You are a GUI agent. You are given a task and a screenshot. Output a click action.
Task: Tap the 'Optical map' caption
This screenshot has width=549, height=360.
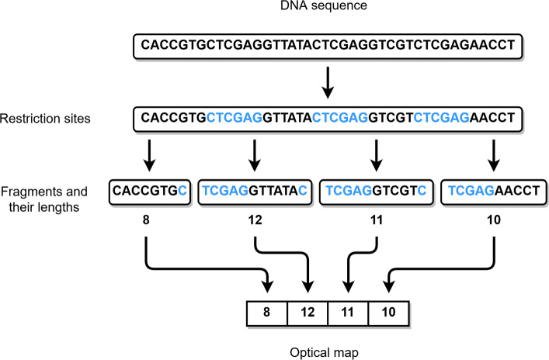pos(328,351)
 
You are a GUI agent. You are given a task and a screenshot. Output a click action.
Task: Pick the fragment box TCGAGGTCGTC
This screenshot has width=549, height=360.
pos(375,190)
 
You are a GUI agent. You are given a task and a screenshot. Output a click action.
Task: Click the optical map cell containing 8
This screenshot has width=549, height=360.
pos(266,313)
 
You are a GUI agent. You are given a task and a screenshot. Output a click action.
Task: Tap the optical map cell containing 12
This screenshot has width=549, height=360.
pos(307,313)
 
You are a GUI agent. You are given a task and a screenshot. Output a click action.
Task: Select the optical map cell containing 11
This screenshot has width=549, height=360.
pos(347,313)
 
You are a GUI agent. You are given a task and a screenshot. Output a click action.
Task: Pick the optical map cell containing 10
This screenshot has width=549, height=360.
pos(387,313)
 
